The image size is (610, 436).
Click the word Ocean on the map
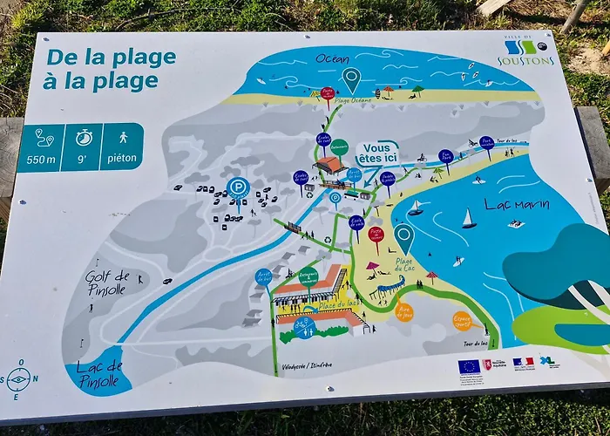click(x=333, y=58)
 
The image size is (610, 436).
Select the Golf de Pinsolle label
click(x=107, y=283)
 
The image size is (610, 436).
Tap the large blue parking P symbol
click(x=238, y=187)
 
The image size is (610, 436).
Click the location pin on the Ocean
click(x=351, y=78)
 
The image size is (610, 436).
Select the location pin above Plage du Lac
click(x=403, y=236)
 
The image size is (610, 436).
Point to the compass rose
click(x=17, y=378)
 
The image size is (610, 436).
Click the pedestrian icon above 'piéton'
click(x=123, y=137)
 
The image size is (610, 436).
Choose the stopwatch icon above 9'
click(x=84, y=138)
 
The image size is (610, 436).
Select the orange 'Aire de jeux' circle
click(x=403, y=311)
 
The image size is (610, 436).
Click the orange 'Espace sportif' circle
click(x=462, y=321)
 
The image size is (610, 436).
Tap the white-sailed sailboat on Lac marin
click(x=469, y=218)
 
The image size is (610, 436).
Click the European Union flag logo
click(x=469, y=366)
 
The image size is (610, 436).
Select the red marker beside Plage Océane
click(x=328, y=92)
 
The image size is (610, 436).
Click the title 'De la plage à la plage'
click(x=109, y=70)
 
